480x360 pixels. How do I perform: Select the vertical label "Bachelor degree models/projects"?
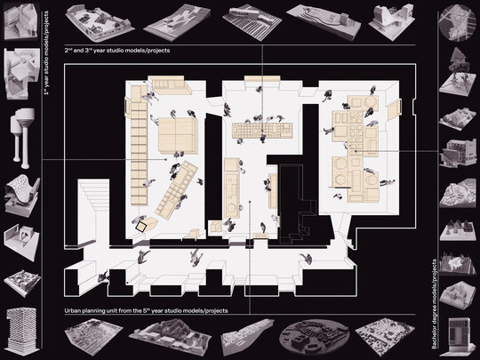[x=435, y=304]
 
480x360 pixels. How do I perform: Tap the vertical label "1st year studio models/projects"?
[x=46, y=53]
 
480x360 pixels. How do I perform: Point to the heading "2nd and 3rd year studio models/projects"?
[x=117, y=50]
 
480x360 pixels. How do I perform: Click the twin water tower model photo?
[x=22, y=138]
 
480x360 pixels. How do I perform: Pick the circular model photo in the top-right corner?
[x=453, y=23]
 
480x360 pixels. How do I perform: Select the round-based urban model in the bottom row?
[x=315, y=338]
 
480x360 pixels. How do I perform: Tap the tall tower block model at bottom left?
[x=22, y=332]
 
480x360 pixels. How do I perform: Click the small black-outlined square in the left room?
[x=141, y=227]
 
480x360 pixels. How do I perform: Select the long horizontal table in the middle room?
[x=262, y=131]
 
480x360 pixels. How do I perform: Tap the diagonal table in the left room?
[x=177, y=190]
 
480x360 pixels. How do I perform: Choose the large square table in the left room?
[x=178, y=135]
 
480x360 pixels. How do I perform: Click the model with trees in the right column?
[x=454, y=72]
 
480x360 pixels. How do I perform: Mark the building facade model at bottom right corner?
[x=459, y=334]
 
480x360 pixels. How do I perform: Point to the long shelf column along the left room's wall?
[x=140, y=145]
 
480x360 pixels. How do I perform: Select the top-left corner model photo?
[x=20, y=21]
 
